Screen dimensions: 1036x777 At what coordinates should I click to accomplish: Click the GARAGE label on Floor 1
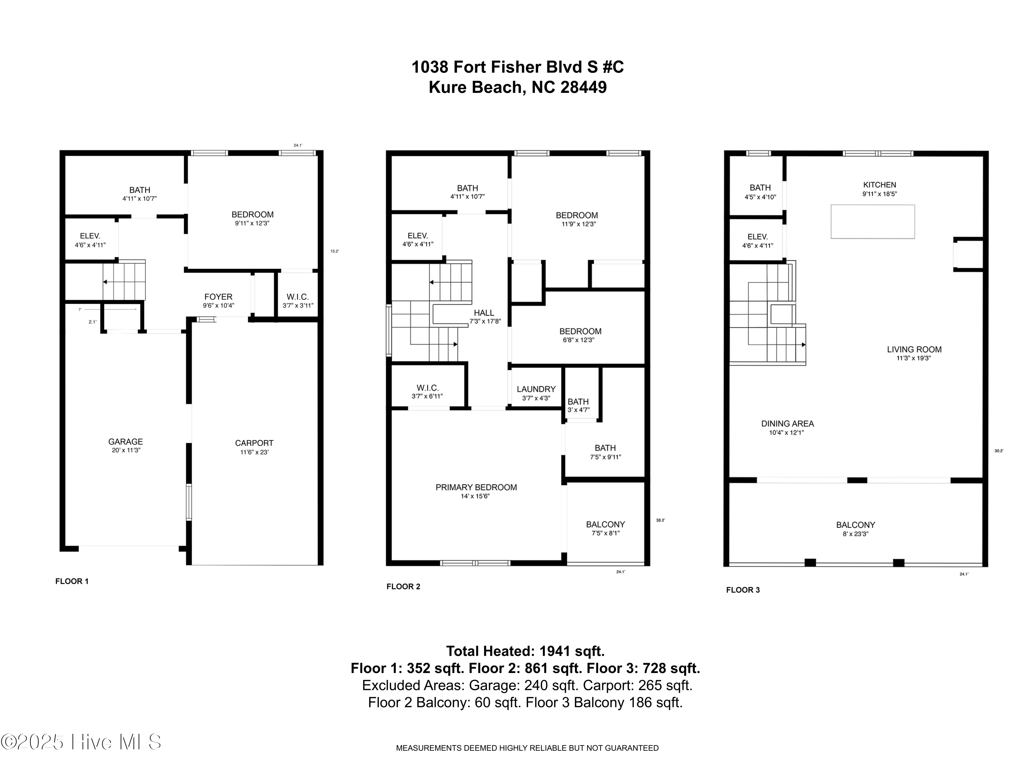coord(125,442)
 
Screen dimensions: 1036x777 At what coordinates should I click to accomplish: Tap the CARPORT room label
coord(254,443)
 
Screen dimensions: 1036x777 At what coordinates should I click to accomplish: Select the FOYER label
coord(218,297)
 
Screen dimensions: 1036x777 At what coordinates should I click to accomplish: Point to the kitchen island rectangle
coord(873,222)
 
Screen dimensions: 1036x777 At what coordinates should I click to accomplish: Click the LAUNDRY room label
coord(536,389)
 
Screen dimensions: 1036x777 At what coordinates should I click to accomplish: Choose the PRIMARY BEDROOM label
coord(476,487)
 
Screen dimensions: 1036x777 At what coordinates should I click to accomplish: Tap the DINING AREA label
coord(788,424)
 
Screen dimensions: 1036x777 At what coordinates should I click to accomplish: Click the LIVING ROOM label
coord(914,349)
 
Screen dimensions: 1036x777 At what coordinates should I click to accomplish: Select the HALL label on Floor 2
coord(484,313)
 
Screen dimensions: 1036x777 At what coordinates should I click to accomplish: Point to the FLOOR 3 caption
coord(743,590)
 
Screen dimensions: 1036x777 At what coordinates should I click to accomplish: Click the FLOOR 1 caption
coord(72,581)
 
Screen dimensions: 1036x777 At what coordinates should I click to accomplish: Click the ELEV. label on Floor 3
coord(757,237)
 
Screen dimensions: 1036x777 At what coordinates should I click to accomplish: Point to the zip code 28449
coord(584,87)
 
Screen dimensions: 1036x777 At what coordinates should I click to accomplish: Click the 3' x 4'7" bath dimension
coord(578,410)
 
